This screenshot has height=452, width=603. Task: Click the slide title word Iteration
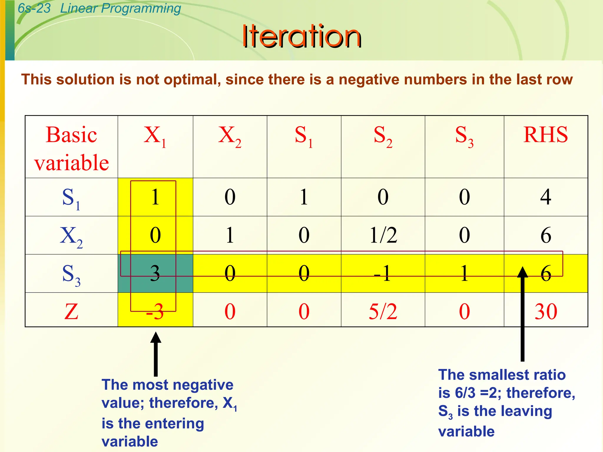click(x=301, y=36)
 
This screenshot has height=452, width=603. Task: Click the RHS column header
click(x=545, y=135)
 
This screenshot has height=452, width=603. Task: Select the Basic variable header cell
click(x=71, y=148)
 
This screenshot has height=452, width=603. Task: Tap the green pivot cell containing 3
click(x=155, y=273)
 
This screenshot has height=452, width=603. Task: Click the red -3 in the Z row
click(x=155, y=311)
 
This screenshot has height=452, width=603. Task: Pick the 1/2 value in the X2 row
click(x=383, y=235)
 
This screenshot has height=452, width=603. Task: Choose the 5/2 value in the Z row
click(x=383, y=311)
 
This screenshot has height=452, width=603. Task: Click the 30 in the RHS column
click(x=546, y=311)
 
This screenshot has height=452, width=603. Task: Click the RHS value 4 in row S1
click(x=545, y=197)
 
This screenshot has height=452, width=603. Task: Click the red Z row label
click(x=71, y=311)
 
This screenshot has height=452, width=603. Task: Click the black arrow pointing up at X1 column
click(x=155, y=355)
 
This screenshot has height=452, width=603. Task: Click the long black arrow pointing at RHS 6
click(x=522, y=315)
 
